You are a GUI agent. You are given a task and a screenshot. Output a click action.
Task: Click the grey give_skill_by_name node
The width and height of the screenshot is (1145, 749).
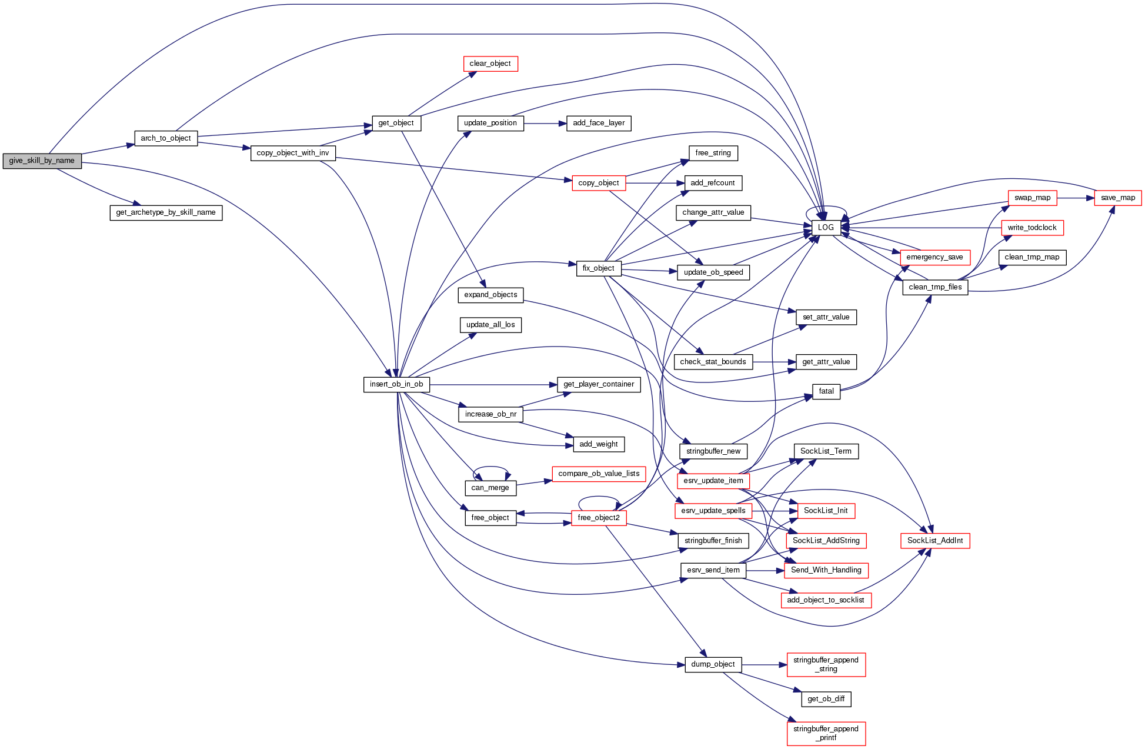42,161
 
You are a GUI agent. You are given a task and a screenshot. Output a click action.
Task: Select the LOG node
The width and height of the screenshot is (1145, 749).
826,228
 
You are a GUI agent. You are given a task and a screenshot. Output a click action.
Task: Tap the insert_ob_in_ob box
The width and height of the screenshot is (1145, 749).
396,385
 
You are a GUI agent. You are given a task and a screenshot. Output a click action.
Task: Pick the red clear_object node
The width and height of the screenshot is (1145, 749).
490,64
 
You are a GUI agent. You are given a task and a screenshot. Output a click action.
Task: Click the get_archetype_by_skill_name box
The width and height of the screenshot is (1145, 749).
166,212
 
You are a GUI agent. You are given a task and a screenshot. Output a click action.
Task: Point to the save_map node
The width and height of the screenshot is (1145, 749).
1117,198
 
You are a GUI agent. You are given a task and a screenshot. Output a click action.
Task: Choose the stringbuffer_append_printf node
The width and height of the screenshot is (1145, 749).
826,733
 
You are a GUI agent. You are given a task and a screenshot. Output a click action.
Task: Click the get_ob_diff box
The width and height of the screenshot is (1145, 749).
826,699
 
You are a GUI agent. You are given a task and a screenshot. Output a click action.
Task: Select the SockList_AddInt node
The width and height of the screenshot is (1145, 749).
934,541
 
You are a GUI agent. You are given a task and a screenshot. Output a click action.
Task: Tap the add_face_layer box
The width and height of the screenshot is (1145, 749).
599,123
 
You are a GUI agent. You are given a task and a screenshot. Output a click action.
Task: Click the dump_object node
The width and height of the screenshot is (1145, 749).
713,664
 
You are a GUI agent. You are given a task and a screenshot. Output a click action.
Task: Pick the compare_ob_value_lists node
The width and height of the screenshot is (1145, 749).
599,474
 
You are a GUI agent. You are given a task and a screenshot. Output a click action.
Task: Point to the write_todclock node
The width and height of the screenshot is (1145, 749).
1031,228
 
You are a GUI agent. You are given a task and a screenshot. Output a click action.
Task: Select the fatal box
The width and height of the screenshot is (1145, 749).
826,391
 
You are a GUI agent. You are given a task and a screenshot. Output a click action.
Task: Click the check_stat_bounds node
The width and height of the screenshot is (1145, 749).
713,362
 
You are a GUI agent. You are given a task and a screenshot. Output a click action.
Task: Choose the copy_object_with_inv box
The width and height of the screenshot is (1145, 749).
293,153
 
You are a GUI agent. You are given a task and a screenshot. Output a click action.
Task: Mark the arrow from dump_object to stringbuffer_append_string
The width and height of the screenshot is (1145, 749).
764,665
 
